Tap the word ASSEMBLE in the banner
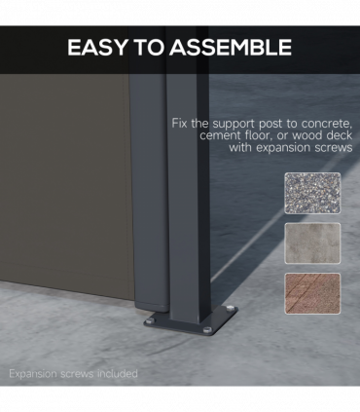point(231,48)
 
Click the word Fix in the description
point(179,124)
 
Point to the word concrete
point(327,124)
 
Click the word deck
point(340,135)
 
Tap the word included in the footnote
point(118,374)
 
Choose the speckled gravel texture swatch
point(312,193)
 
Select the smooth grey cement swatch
point(312,243)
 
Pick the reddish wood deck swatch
point(312,293)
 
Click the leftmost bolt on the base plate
point(150,321)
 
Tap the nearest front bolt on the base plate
point(207,330)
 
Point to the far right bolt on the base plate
point(230,308)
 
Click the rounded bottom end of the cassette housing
point(152,306)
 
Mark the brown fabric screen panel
point(65,182)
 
